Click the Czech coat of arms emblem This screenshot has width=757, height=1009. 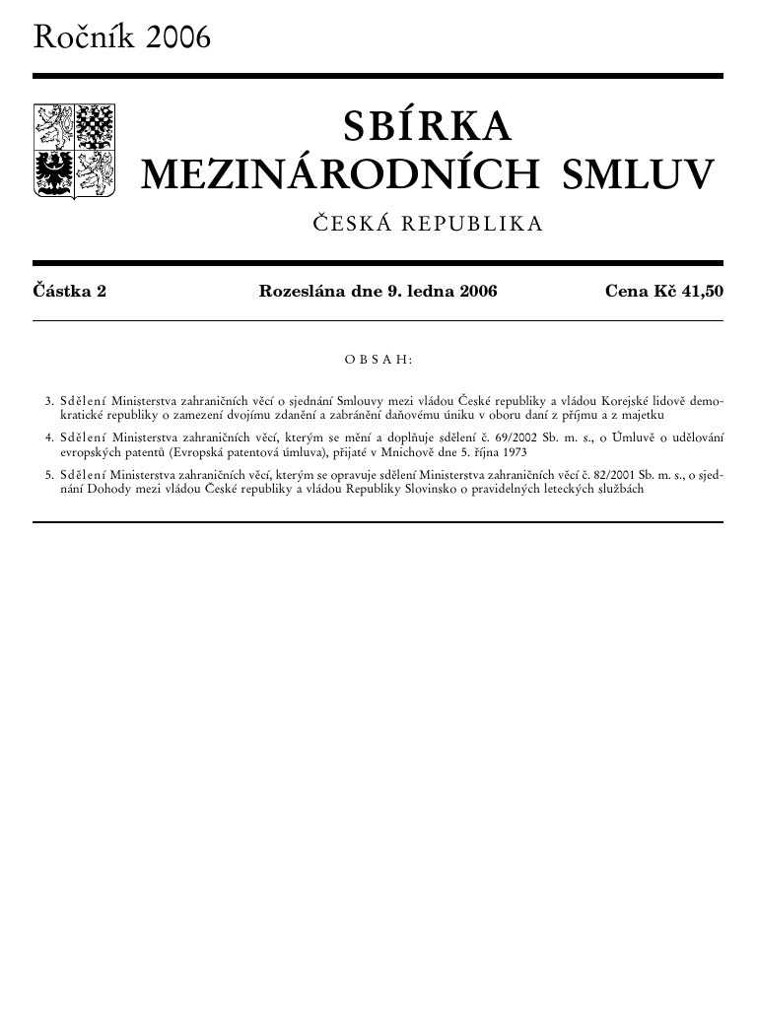(75, 151)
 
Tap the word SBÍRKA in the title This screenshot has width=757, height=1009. (428, 127)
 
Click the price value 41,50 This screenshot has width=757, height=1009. (701, 291)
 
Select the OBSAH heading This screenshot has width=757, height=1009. (378, 360)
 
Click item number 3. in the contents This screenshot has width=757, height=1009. (49, 402)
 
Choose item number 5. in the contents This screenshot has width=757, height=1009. (49, 474)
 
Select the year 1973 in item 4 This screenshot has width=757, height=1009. (513, 451)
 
